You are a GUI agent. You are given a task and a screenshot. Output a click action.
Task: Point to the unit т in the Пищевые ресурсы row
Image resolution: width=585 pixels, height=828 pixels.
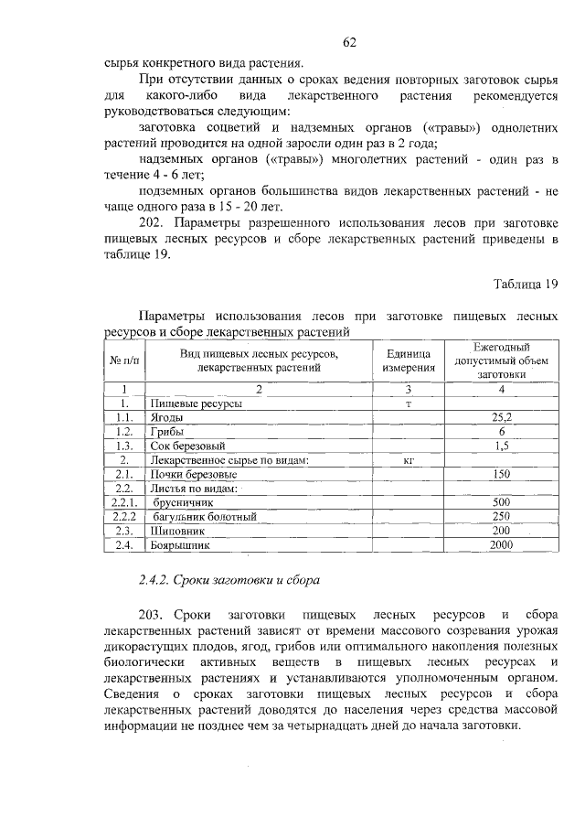tap(409, 403)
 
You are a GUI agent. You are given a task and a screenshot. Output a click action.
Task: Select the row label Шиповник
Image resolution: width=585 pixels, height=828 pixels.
tap(175, 531)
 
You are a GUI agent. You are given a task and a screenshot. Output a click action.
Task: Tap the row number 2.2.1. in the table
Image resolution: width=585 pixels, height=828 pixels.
tap(123, 502)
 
